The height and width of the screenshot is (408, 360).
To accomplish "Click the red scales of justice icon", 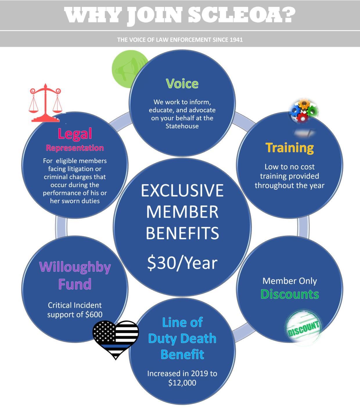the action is [45, 103].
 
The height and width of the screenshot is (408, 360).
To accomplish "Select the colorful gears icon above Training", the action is [303, 110].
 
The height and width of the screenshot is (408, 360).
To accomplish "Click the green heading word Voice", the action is [182, 84].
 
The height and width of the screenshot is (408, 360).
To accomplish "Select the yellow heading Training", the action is [289, 148].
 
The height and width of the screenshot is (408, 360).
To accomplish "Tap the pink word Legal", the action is [75, 134].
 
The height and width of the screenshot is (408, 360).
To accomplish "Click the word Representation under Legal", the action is [75, 148].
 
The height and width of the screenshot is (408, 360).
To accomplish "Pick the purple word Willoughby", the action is [75, 267].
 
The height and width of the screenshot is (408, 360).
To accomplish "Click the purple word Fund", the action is [75, 284].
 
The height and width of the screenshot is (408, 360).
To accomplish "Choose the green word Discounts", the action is [289, 294].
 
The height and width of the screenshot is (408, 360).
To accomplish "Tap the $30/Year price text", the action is [182, 263].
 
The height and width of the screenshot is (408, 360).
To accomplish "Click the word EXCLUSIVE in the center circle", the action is [182, 190].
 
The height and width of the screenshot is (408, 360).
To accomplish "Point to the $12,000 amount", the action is [182, 383].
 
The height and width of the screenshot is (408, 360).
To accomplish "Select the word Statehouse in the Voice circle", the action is [182, 126].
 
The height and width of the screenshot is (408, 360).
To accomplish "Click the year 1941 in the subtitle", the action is [236, 39].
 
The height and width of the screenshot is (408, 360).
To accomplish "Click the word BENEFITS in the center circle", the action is [182, 233].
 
